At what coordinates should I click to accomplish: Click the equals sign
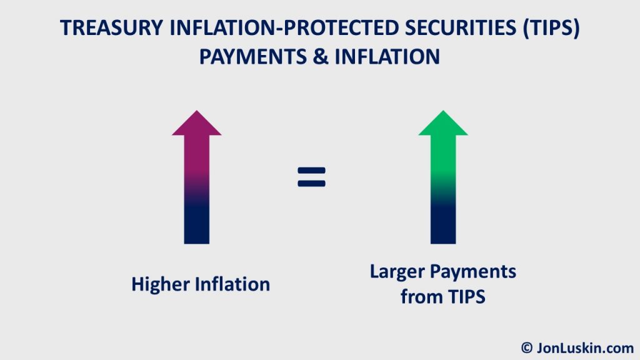pyautogui.click(x=311, y=177)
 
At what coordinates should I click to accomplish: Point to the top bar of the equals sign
pyautogui.click(x=311, y=169)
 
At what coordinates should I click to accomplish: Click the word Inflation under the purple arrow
pyautogui.click(x=232, y=284)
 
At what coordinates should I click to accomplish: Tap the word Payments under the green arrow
pyautogui.click(x=476, y=272)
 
